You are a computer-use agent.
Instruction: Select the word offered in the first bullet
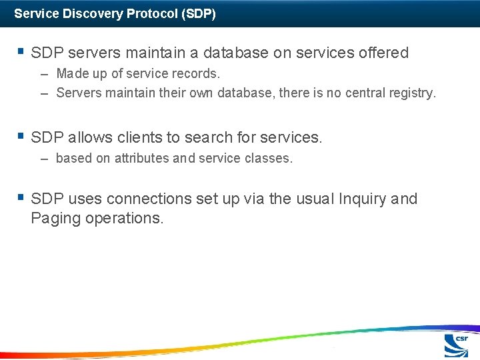383,53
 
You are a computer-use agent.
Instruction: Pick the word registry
407,93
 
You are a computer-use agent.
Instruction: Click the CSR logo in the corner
457,345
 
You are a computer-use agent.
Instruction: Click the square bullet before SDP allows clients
21,137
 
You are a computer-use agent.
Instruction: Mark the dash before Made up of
44,74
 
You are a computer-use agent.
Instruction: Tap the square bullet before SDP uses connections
21,197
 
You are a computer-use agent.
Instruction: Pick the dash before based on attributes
44,159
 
